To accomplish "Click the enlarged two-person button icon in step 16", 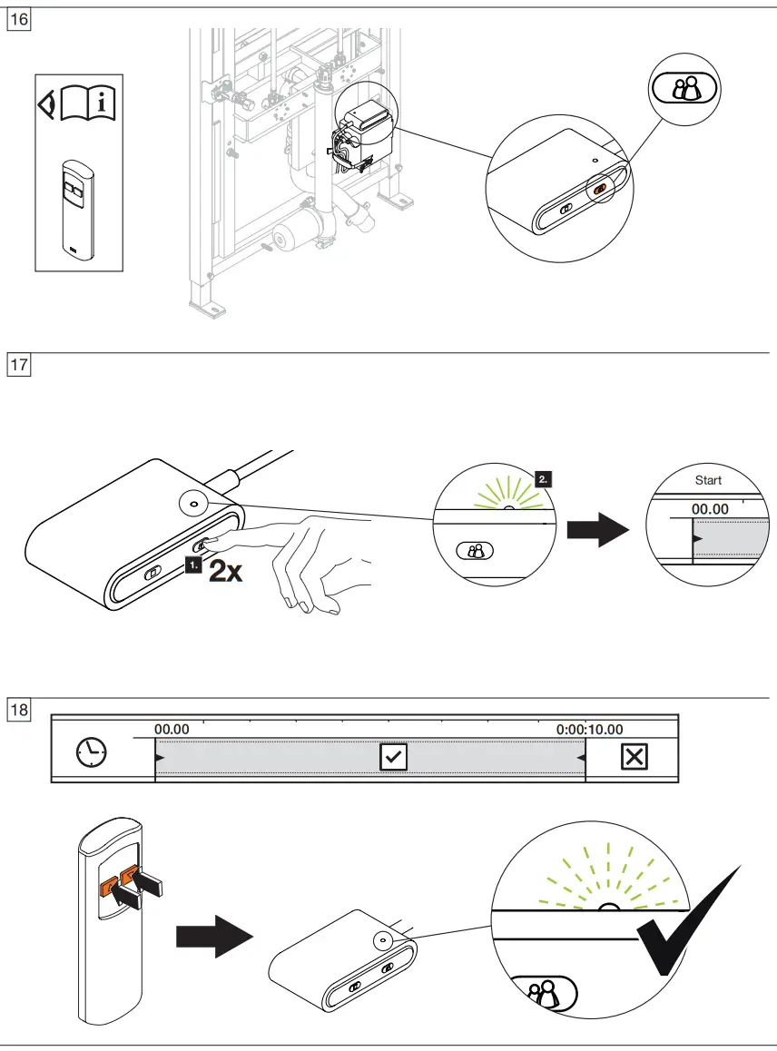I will (x=684, y=87).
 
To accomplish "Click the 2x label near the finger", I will (x=225, y=572).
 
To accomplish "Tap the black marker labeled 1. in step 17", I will (x=192, y=566).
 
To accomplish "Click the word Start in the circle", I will (x=708, y=480).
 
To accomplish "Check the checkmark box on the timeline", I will (x=394, y=756).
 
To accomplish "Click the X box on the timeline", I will (x=634, y=756).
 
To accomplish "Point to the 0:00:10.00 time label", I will (x=589, y=729).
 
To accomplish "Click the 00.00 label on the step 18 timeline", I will (x=172, y=729).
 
